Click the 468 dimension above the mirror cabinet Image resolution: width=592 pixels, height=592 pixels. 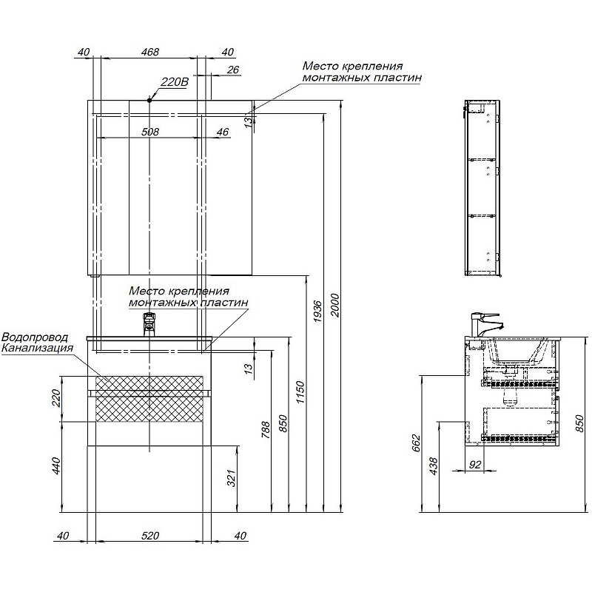(150, 52)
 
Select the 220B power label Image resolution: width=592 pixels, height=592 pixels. (175, 81)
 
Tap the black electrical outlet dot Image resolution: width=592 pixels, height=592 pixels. (149, 101)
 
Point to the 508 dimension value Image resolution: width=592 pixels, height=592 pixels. (150, 132)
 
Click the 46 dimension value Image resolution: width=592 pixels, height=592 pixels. (223, 132)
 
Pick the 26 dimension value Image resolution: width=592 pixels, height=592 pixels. (233, 70)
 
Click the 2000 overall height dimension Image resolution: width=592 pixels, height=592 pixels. (335, 305)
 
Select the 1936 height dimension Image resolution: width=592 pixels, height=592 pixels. (317, 312)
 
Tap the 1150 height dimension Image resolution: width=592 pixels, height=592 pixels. (300, 392)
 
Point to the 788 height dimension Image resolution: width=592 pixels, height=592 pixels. (266, 430)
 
